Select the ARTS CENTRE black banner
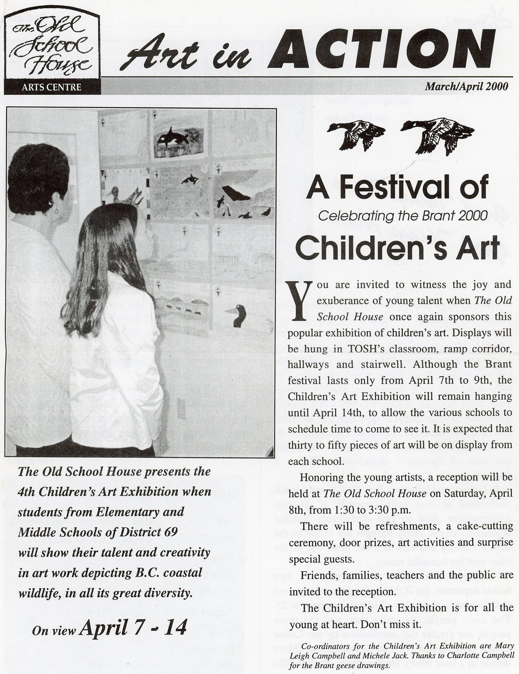click(52, 87)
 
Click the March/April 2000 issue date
click(466, 86)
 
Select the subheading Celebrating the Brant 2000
click(403, 216)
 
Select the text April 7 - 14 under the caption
click(133, 628)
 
